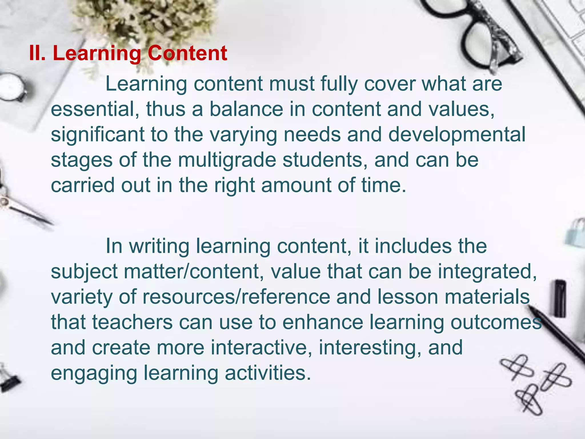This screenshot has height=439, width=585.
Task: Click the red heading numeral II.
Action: [37, 53]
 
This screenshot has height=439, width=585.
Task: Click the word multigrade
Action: [227, 160]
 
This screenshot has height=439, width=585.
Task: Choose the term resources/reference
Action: [236, 297]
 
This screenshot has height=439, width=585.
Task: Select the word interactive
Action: [261, 348]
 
